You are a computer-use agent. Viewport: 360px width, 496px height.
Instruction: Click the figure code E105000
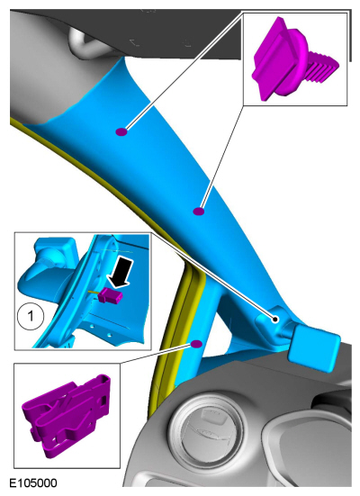pos(33,483)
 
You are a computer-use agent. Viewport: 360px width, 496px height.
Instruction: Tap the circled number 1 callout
pos(31,316)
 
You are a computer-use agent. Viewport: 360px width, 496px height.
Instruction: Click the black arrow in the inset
pos(120,272)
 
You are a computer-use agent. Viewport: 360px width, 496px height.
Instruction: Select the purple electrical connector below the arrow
pos(111,297)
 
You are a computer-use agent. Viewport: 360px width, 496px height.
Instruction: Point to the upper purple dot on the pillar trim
pos(121,132)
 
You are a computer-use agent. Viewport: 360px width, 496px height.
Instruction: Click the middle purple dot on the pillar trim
pos(199,211)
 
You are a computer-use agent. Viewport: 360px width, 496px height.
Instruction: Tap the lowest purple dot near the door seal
pos(196,344)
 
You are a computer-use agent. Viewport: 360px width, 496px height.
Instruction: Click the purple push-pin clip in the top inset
pos(292,60)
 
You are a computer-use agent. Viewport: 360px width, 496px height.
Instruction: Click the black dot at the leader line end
pos(275,320)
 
